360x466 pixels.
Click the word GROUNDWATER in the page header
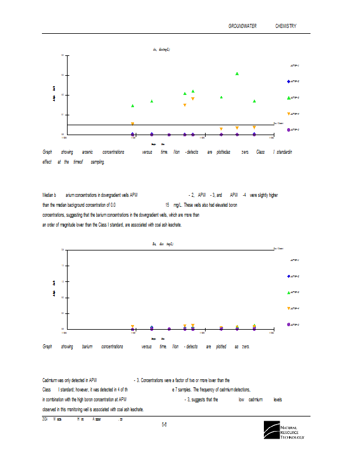[244, 26]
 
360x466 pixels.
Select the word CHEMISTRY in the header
[285, 26]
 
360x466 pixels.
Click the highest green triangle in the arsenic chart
[237, 74]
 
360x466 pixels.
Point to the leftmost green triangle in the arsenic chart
[133, 106]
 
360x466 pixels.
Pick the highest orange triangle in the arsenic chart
[193, 99]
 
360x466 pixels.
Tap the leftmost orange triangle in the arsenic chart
[133, 124]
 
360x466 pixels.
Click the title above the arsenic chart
[161, 50]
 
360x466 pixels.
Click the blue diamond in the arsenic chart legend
[288, 82]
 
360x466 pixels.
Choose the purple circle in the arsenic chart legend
[288, 130]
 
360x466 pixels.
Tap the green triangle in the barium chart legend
[288, 292]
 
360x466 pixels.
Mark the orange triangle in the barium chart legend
[288, 308]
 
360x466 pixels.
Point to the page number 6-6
[165, 425]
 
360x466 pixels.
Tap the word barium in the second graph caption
[87, 347]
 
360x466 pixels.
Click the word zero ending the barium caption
[245, 347]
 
